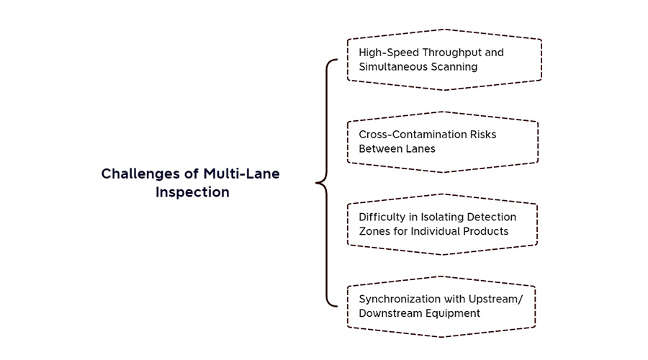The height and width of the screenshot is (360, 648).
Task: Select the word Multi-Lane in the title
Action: pos(241,174)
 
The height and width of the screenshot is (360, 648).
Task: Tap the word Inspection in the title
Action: pos(192,193)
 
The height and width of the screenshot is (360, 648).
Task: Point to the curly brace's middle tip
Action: pos(316,183)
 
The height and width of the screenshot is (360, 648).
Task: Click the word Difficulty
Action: pos(382,217)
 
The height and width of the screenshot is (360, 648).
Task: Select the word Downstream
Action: pos(385,313)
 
